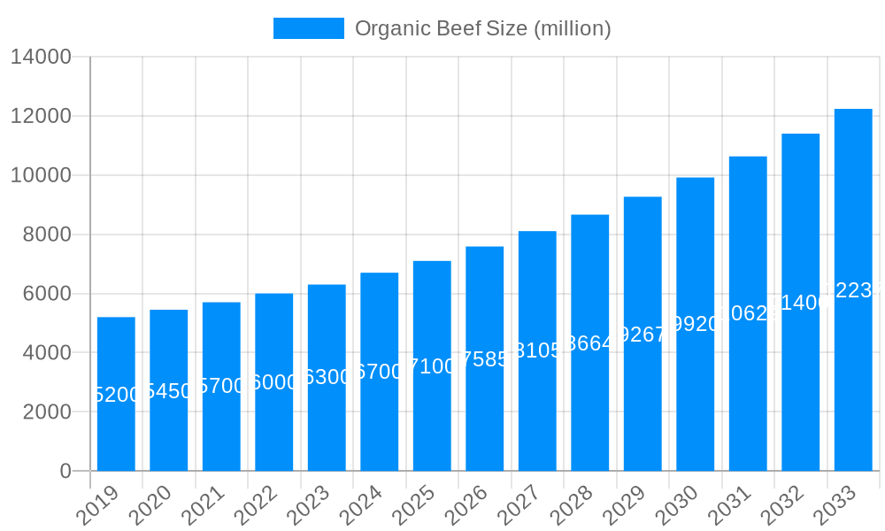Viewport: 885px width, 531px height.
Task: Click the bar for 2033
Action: point(853,372)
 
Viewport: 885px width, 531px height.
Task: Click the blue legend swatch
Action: point(308,28)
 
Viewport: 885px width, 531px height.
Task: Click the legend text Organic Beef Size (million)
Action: point(482,28)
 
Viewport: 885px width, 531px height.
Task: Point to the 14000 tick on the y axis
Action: point(41,58)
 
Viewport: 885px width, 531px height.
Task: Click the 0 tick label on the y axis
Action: point(65,472)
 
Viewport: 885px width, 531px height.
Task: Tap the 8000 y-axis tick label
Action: point(41,235)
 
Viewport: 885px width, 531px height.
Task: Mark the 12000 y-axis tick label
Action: point(41,117)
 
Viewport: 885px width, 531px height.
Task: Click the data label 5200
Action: point(116,395)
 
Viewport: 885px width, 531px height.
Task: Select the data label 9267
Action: point(643,335)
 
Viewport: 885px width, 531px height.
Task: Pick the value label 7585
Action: point(485,359)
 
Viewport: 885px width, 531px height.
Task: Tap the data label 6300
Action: point(327,377)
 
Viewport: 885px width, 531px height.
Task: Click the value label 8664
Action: point(590,343)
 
